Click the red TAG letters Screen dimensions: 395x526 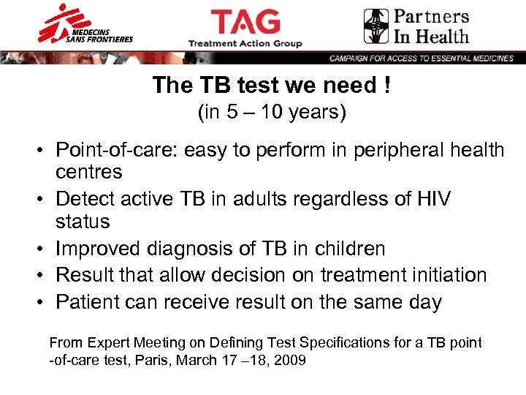(x=245, y=21)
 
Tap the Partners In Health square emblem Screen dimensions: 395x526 (x=376, y=26)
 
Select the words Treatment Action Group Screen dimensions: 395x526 (x=245, y=44)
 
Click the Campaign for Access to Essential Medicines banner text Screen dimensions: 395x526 (x=421, y=59)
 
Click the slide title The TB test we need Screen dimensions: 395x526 (x=272, y=86)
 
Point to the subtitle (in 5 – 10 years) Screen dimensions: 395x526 (x=272, y=113)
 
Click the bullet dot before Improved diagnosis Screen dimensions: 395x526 (x=44, y=249)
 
